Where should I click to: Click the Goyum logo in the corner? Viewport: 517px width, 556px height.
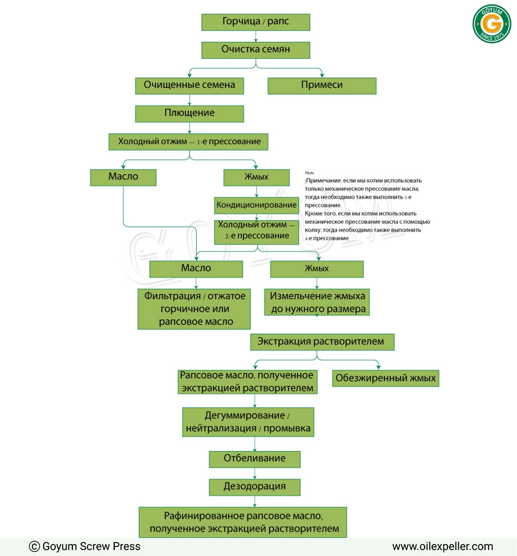point(492,24)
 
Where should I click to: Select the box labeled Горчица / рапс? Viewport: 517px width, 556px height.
point(256,22)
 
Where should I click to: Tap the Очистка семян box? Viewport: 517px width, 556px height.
point(256,50)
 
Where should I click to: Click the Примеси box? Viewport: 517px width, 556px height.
point(322,86)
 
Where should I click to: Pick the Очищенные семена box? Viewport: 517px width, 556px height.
point(189,86)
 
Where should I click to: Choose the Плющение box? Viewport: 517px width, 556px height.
point(189,113)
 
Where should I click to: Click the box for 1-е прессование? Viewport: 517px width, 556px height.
point(188,142)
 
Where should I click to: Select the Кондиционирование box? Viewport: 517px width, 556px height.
point(256,206)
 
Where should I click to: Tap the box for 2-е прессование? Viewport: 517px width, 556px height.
point(256,233)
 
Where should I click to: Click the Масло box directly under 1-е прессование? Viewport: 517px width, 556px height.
point(123,177)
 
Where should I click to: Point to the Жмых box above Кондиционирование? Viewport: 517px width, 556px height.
point(256,177)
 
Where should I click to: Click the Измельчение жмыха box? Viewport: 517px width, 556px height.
point(317,302)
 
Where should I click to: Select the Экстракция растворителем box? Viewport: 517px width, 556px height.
point(322,342)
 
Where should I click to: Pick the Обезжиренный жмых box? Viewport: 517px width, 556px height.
point(386,378)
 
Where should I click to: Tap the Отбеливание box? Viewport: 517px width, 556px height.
point(255,460)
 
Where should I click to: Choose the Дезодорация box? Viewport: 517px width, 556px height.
point(255,487)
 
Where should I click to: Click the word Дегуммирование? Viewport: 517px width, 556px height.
point(245,416)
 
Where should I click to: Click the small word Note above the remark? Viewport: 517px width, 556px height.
point(309,173)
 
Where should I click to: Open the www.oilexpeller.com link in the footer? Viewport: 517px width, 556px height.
point(443,546)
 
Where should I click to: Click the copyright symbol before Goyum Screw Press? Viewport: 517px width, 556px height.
point(34,546)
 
